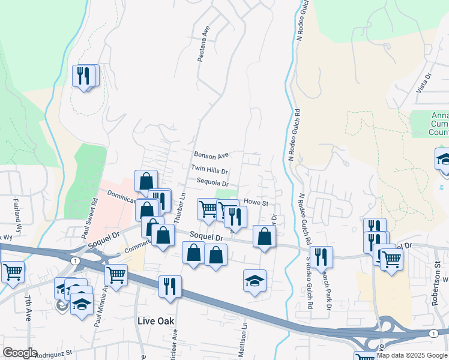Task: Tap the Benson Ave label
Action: pyautogui.click(x=212, y=155)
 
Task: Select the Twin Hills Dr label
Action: pyautogui.click(x=209, y=170)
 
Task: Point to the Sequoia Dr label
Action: pyautogui.click(x=212, y=184)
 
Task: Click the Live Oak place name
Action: pyautogui.click(x=155, y=321)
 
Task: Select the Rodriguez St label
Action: pyautogui.click(x=53, y=353)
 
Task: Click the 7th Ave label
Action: pyautogui.click(x=28, y=308)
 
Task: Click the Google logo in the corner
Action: pyautogui.click(x=20, y=353)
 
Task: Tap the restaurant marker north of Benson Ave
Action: pyautogui.click(x=85, y=76)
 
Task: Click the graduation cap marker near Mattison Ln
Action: pyautogui.click(x=255, y=280)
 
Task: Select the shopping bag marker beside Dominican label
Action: pyautogui.click(x=146, y=181)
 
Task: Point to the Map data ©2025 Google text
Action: pyautogui.click(x=412, y=355)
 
